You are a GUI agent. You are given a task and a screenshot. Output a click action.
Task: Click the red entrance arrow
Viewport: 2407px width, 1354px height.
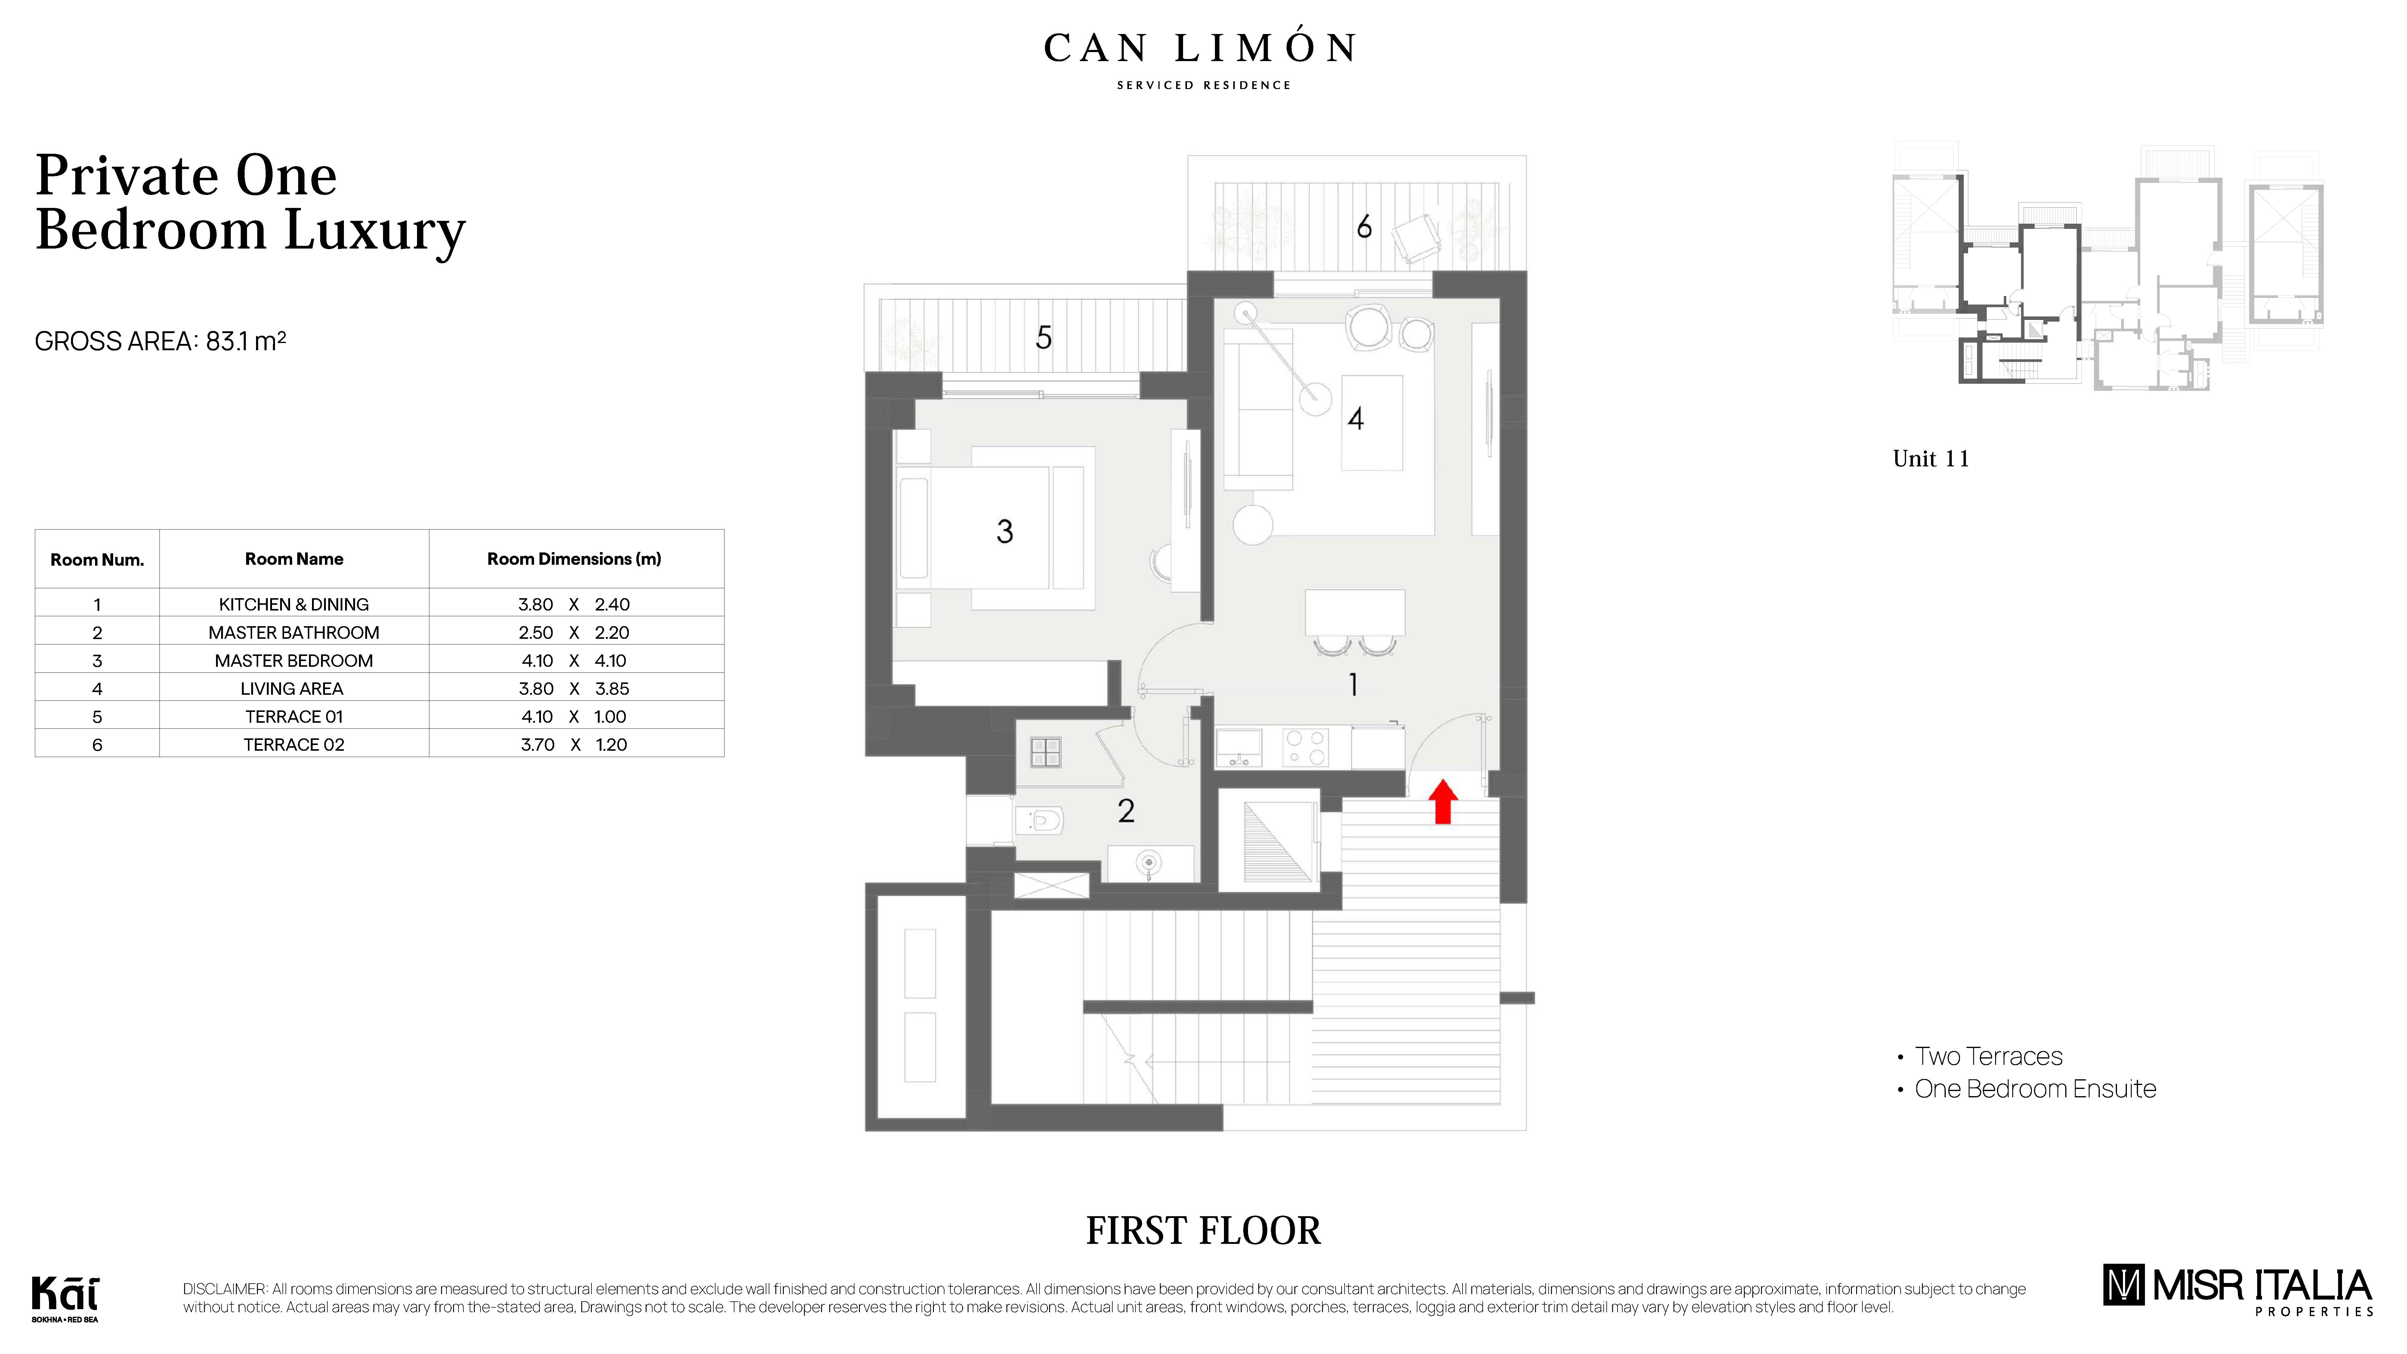(x=1443, y=802)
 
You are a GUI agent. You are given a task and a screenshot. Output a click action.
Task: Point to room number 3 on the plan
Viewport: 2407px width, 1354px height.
(x=1005, y=532)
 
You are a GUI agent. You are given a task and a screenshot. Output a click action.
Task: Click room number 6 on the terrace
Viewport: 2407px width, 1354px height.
(x=1364, y=227)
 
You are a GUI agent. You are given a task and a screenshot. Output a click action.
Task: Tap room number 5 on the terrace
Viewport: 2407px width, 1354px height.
(x=1044, y=337)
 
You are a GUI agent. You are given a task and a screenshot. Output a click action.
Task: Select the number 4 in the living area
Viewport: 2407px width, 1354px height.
(x=1356, y=419)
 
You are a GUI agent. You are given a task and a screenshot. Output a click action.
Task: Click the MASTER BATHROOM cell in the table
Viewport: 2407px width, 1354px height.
(x=293, y=632)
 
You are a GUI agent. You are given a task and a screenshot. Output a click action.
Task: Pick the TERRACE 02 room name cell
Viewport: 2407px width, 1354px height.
(x=293, y=745)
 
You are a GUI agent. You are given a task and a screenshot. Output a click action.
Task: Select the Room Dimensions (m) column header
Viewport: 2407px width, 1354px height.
(x=574, y=559)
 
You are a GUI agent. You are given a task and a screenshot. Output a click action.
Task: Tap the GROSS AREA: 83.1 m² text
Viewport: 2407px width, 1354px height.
(x=160, y=341)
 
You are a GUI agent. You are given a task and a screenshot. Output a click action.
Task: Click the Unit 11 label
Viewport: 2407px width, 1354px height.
(x=1930, y=459)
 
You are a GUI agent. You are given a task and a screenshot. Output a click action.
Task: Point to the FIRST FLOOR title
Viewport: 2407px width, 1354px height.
(x=1203, y=1231)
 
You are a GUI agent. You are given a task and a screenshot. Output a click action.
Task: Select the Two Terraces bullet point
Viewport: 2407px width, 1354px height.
(x=1988, y=1056)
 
